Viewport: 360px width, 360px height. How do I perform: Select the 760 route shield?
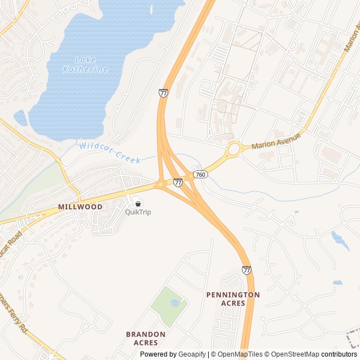coord(200,175)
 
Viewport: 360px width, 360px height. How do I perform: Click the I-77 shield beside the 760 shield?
coord(178,182)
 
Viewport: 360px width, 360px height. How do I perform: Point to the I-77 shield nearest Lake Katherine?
coord(163,93)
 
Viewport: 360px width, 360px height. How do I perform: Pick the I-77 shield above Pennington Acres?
coord(246,270)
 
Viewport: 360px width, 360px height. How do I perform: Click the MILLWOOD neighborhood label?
coord(80,207)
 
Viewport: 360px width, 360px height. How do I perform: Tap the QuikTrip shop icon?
coord(138,203)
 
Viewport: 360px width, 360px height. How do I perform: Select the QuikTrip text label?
coord(138,212)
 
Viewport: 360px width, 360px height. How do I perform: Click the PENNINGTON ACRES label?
coord(233,299)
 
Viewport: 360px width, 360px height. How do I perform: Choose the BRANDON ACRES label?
coord(146,338)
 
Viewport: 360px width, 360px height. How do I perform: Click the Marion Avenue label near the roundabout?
coord(276,141)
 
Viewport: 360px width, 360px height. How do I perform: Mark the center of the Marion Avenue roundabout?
coord(234,150)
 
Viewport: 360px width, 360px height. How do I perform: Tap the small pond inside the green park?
coord(174,303)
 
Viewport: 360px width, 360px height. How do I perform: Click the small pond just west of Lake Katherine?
coord(20,118)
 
